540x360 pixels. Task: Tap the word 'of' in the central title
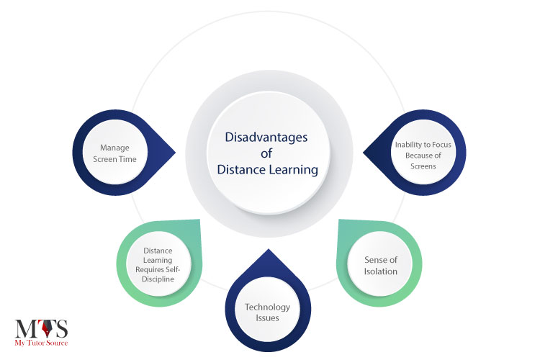click(x=269, y=153)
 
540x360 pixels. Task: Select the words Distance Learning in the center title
click(x=269, y=170)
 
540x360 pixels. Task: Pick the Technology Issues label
click(x=267, y=312)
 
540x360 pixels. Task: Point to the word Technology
click(x=267, y=307)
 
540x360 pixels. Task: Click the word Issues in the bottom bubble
click(x=267, y=318)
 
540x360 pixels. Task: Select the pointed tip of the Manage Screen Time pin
click(x=176, y=153)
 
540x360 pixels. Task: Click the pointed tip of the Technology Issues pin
click(x=268, y=250)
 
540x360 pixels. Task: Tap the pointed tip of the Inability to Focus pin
click(x=362, y=153)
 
